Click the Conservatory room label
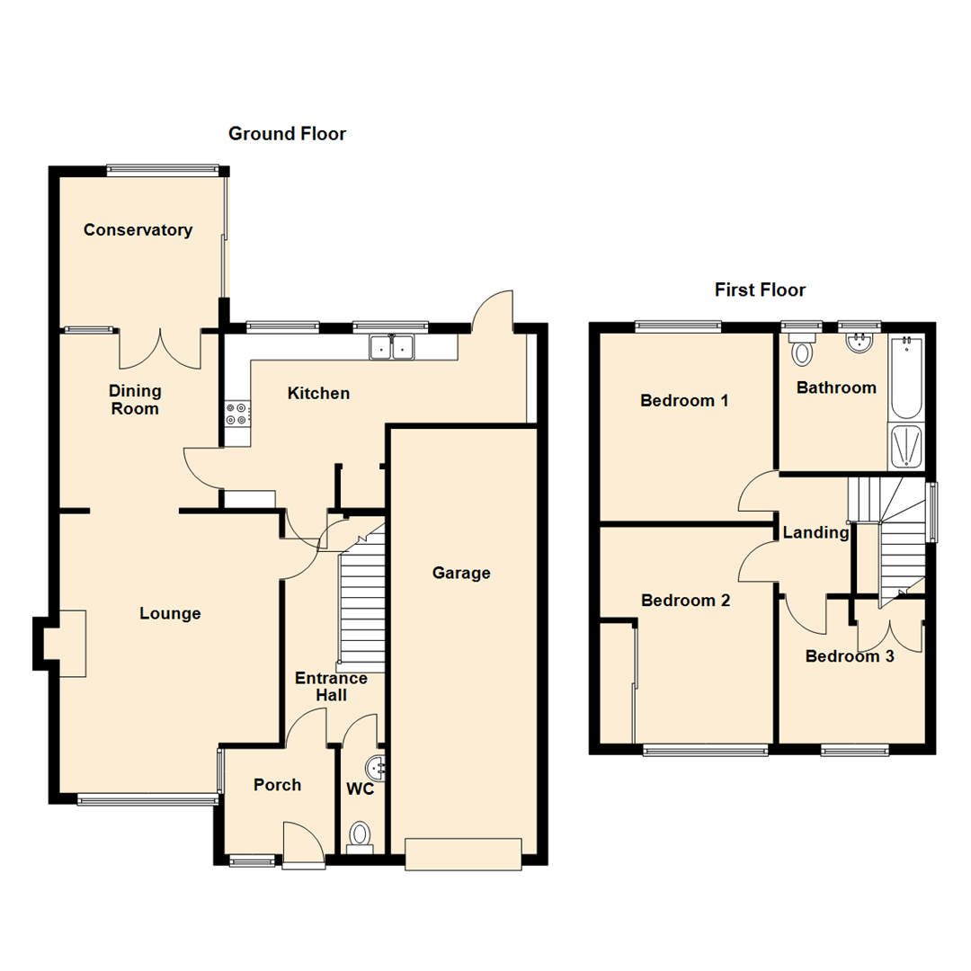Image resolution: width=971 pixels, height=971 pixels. pyautogui.click(x=138, y=230)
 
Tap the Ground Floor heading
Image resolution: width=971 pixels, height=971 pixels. pyautogui.click(x=287, y=134)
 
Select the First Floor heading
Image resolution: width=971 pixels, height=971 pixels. pyautogui.click(x=760, y=290)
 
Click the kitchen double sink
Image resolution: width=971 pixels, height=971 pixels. pyautogui.click(x=391, y=346)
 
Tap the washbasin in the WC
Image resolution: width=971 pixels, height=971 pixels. pyautogui.click(x=376, y=768)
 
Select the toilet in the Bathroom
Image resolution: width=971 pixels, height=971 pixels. pyautogui.click(x=800, y=349)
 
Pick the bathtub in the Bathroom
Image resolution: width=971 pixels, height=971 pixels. pyautogui.click(x=905, y=378)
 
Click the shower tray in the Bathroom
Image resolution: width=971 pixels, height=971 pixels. pyautogui.click(x=905, y=447)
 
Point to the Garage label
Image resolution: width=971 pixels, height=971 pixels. pyautogui.click(x=461, y=573)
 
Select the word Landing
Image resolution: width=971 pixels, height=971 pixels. pyautogui.click(x=815, y=532)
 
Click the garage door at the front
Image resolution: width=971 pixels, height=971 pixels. pyautogui.click(x=463, y=853)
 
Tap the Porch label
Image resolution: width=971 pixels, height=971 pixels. pyautogui.click(x=277, y=784)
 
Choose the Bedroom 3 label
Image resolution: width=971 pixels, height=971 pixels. pyautogui.click(x=849, y=656)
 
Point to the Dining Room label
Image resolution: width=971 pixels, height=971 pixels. pyautogui.click(x=135, y=400)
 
